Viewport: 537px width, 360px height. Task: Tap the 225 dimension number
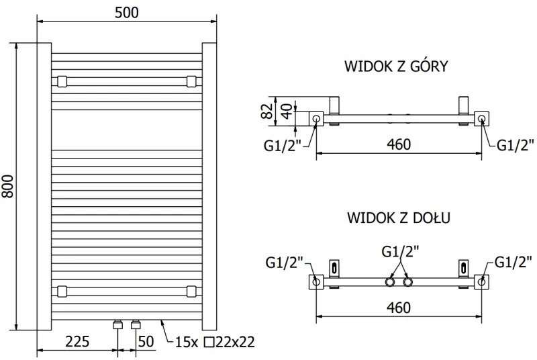point(77,341)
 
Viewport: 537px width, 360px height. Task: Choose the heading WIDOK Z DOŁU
point(398,218)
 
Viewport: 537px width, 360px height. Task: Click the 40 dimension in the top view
point(285,111)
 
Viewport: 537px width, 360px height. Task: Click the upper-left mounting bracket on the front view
point(62,82)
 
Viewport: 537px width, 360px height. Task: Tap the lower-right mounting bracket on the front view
point(192,291)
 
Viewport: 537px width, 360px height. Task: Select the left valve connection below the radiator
point(118,325)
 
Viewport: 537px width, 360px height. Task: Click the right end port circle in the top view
point(481,120)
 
